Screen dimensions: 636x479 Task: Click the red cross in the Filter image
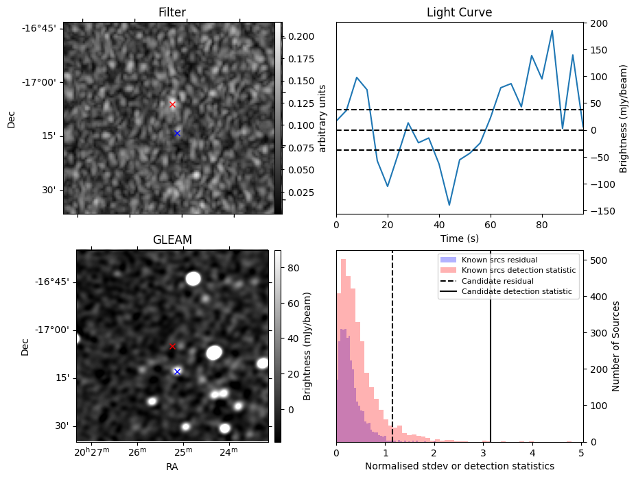coord(172,105)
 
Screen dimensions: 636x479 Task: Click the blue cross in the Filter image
coord(177,133)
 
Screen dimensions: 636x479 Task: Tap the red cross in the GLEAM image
coord(172,347)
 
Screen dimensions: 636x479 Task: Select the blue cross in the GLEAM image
coord(177,371)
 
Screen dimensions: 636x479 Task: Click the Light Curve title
coord(459,12)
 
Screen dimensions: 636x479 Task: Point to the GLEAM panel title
coord(172,240)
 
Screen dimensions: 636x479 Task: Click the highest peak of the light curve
coord(552,30)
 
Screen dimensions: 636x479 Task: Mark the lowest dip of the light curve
coord(449,205)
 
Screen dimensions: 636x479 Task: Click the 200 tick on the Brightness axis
coord(599,23)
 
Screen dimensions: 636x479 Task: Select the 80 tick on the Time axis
coord(542,225)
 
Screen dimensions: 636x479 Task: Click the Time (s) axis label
coord(459,238)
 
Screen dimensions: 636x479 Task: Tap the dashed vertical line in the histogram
coord(392,346)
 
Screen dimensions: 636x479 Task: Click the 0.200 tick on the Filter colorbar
coord(301,36)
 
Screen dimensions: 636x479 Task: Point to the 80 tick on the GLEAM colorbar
coord(293,268)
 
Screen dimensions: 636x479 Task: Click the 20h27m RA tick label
coord(92,452)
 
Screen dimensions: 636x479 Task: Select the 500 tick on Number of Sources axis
coord(599,260)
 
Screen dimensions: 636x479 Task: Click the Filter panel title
coord(172,12)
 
